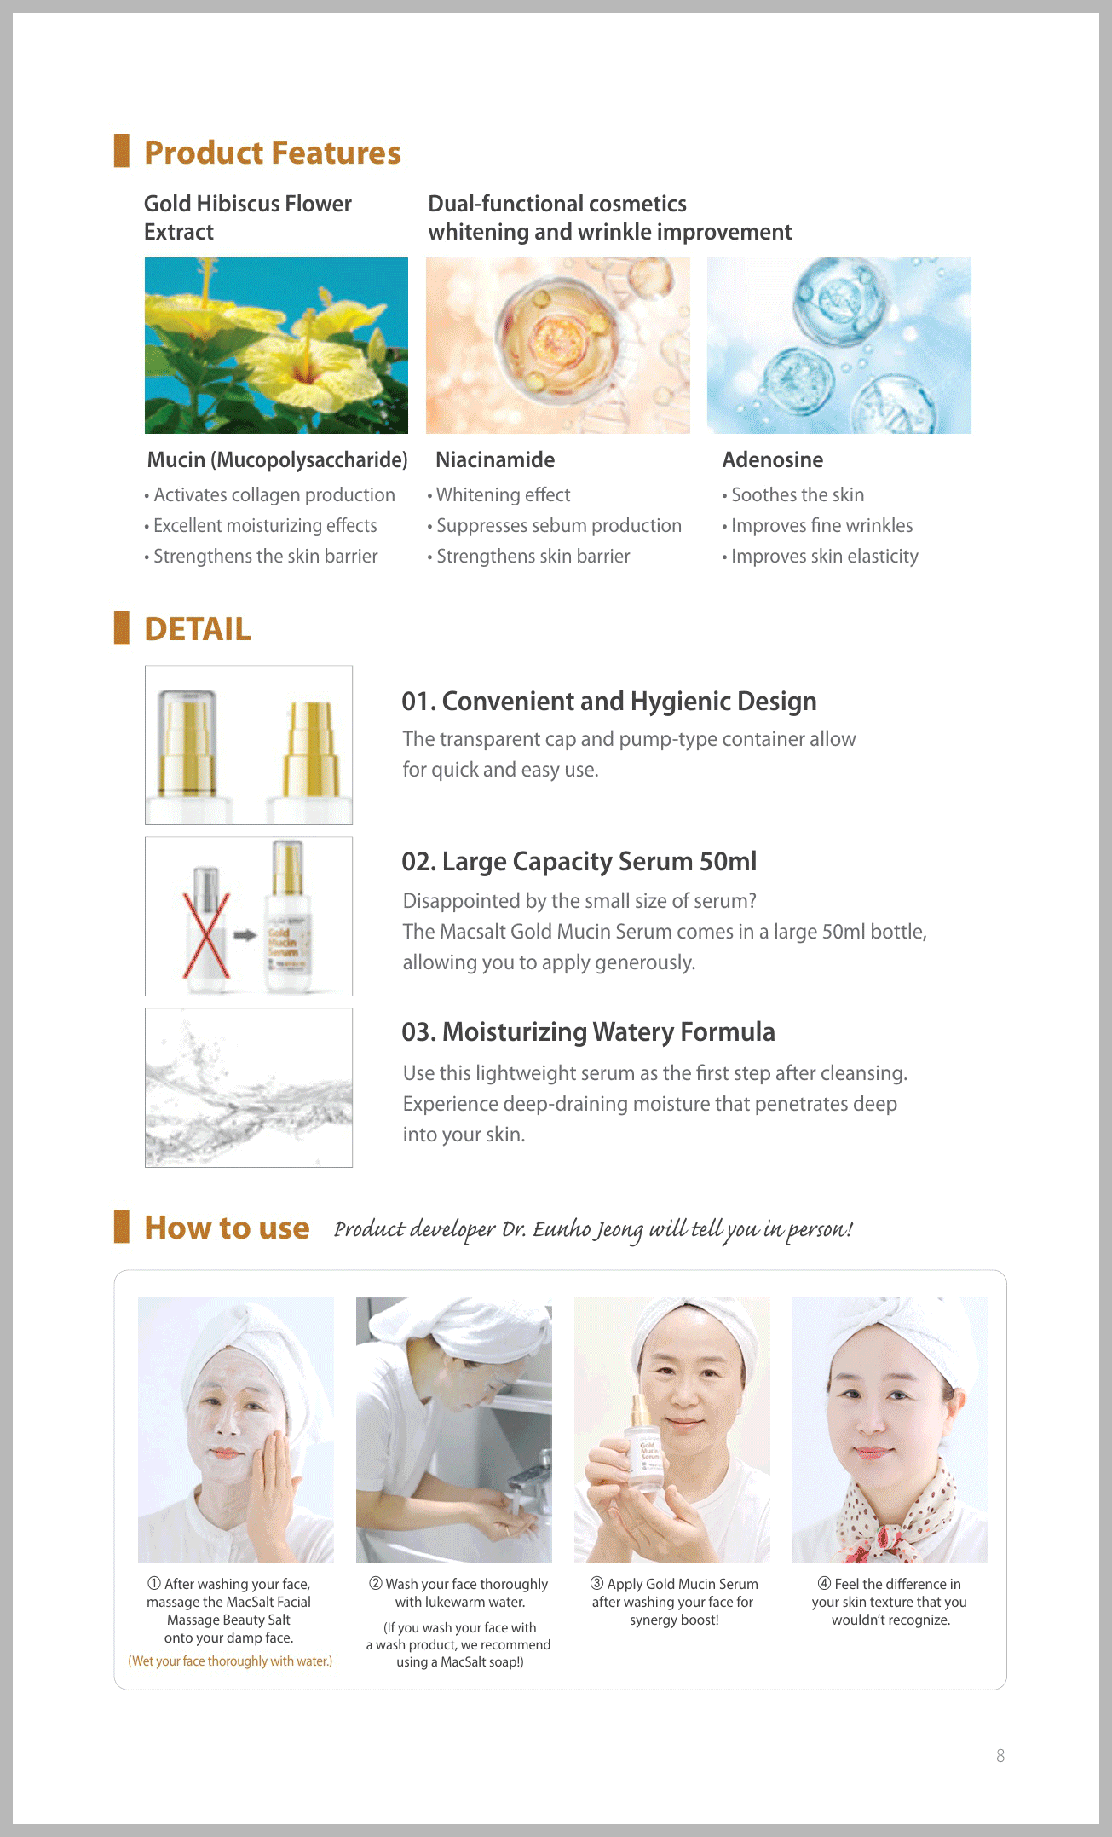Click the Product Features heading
[x=273, y=153]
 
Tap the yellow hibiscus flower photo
[x=276, y=345]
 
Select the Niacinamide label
[x=495, y=459]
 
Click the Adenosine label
[x=773, y=459]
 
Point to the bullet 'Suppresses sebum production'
[x=555, y=525]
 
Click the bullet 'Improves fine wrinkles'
[x=818, y=525]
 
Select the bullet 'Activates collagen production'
[x=270, y=494]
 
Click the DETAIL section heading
[x=198, y=629]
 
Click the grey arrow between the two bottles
[x=245, y=935]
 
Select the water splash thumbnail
[x=249, y=1088]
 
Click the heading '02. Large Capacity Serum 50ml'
[x=579, y=862]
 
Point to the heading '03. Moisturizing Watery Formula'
[x=589, y=1032]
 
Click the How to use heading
[x=227, y=1228]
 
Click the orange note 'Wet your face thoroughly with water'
[x=230, y=1661]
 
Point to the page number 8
[x=1000, y=1756]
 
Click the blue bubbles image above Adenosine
[x=839, y=345]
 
